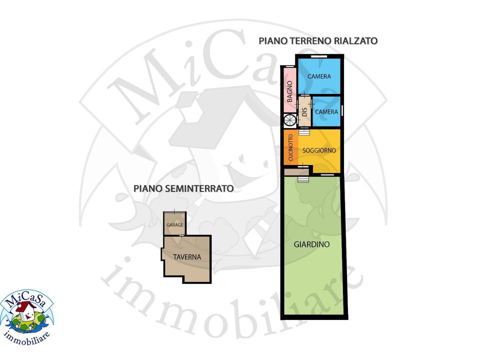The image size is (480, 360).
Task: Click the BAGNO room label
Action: (x=290, y=91)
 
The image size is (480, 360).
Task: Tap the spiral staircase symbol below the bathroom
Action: (x=289, y=120)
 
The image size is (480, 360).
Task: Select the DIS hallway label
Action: (x=304, y=111)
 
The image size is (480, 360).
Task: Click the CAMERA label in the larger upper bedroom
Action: (x=319, y=76)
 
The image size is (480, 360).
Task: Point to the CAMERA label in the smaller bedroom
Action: (x=326, y=111)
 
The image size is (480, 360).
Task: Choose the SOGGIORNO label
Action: (x=319, y=150)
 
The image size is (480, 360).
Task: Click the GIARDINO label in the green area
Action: (x=311, y=244)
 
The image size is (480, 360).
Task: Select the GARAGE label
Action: (x=174, y=224)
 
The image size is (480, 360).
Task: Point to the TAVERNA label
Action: (x=187, y=257)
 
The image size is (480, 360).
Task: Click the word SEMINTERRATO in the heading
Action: (x=199, y=188)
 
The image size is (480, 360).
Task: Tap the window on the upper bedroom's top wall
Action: (x=319, y=56)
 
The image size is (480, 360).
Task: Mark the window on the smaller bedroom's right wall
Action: (x=342, y=110)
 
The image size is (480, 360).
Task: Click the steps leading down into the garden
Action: (x=303, y=179)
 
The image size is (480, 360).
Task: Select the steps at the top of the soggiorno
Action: (x=304, y=131)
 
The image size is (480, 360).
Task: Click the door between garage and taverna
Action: (x=181, y=235)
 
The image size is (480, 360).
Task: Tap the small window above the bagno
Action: (x=290, y=66)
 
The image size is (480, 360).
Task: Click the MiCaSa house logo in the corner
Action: (x=26, y=318)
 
